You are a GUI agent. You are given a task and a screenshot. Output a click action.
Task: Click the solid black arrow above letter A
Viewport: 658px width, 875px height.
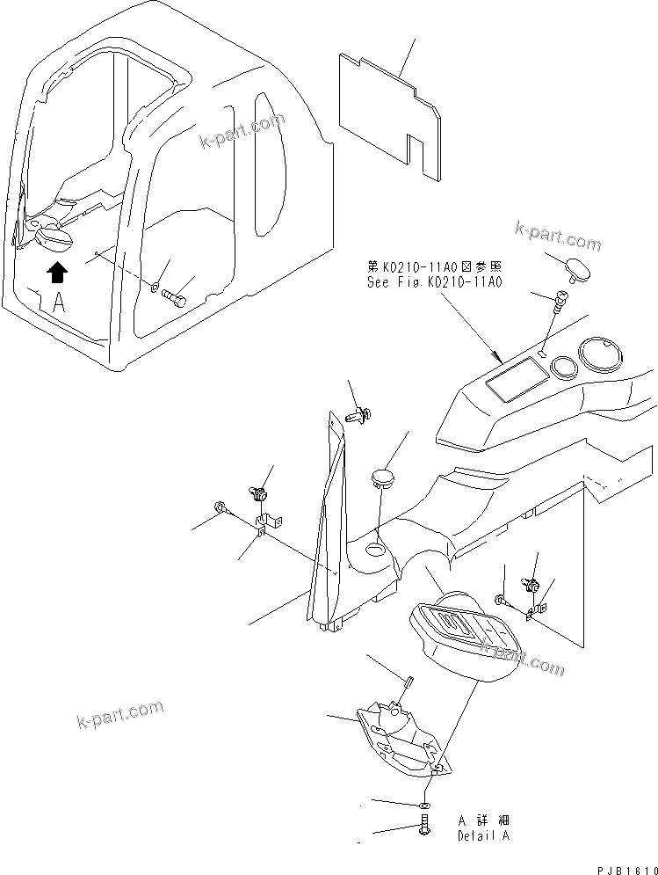pos(56,273)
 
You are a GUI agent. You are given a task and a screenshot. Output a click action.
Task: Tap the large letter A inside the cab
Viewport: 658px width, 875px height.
pos(58,304)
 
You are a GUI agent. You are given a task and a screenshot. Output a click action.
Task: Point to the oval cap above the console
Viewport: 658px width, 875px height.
pos(578,267)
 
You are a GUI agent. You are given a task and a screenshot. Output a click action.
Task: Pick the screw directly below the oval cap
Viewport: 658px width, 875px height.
pos(556,305)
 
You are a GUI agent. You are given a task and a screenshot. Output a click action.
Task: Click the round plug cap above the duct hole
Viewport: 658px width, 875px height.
pos(382,478)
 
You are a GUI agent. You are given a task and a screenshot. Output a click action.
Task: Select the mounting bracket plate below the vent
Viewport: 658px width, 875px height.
pos(400,735)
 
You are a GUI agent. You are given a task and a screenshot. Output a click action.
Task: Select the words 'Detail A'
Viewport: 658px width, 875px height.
pos(483,836)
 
